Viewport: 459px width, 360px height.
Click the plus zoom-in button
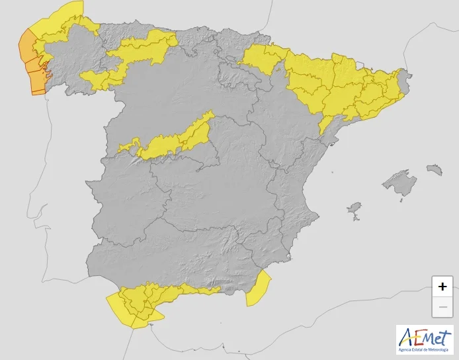(x=442, y=287)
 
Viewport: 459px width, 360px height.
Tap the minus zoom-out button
(x=442, y=307)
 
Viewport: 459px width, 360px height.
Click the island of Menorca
(x=434, y=169)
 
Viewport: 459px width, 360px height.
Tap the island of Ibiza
(x=355, y=211)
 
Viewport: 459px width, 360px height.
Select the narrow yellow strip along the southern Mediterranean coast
(x=198, y=289)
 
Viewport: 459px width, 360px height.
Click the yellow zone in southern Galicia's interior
(x=99, y=79)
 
